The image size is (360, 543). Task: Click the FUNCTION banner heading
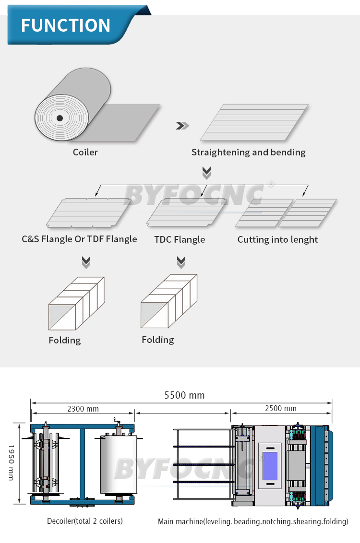point(66,25)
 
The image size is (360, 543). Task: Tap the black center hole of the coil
point(59,118)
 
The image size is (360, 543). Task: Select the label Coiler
point(85,152)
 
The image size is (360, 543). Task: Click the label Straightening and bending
point(248,152)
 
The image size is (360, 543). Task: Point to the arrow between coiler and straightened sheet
point(182,126)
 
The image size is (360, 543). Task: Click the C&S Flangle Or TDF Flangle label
point(79,239)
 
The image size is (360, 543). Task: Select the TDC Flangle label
point(180,239)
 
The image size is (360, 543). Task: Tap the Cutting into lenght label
point(277,239)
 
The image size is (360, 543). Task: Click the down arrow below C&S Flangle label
point(86,262)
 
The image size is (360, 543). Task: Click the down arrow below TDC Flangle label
point(181,262)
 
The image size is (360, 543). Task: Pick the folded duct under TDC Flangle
point(168,301)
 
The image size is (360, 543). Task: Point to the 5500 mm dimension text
point(184,395)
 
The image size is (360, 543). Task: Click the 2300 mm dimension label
point(83,409)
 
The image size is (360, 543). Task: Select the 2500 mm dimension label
point(281,409)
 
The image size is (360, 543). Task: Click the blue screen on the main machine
point(269,465)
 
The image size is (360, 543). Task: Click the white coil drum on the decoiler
point(118,464)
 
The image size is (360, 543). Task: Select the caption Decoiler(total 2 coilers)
point(84,521)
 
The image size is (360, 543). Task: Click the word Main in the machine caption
point(167,521)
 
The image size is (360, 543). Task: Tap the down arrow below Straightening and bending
point(207,173)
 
